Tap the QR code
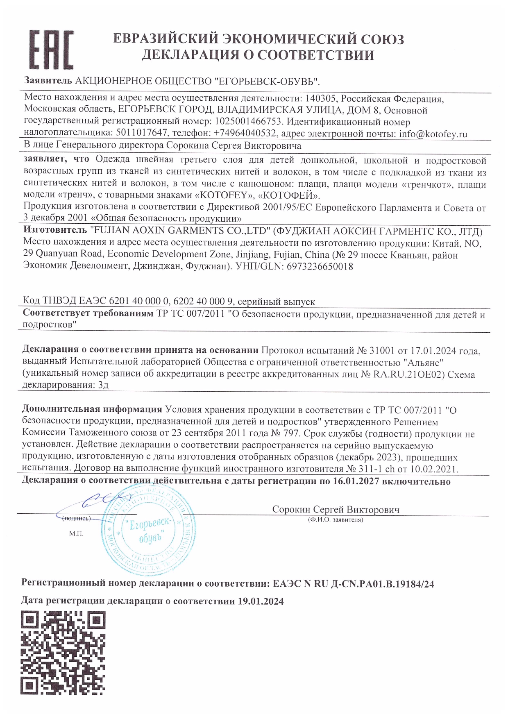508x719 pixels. [63, 653]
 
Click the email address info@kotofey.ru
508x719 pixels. [433, 134]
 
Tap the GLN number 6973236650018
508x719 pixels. [320, 266]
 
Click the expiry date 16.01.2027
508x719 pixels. [356, 481]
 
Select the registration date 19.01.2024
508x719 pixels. [261, 601]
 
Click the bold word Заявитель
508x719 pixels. [48, 81]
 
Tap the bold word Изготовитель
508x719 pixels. [55, 231]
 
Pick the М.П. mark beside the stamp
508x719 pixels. [76, 534]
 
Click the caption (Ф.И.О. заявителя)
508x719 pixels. [336, 520]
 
